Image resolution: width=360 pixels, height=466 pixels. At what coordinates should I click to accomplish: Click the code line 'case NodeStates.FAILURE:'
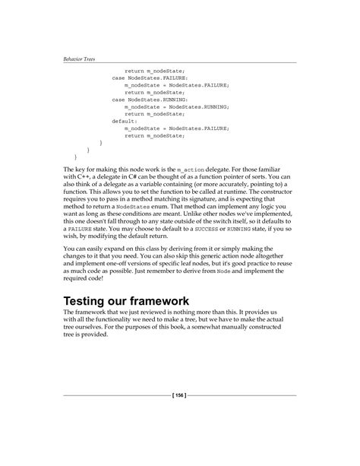(148, 78)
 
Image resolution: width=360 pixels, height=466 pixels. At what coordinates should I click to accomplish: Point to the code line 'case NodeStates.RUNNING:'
(148, 99)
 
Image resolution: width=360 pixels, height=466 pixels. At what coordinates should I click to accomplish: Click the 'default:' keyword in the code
(125, 120)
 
